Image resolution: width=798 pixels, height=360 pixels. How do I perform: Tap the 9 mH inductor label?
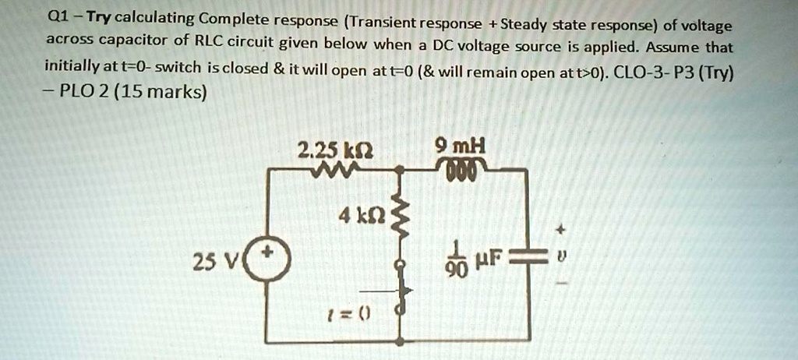[461, 146]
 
